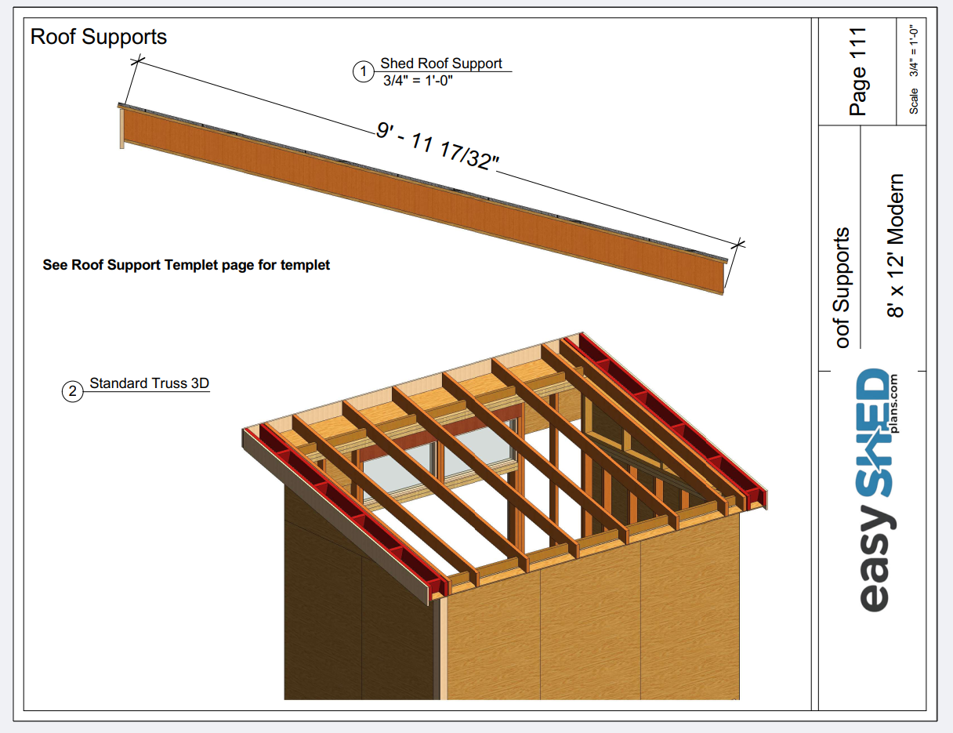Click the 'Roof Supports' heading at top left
98,37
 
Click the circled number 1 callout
363,72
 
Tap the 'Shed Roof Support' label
441,64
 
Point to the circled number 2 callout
72,391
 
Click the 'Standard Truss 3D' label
149,383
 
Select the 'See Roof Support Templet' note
186,265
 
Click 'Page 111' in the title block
858,71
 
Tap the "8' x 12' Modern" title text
895,245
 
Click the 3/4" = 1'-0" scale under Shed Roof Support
418,80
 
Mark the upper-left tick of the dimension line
138,60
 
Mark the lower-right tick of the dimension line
739,243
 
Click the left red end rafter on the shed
353,510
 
